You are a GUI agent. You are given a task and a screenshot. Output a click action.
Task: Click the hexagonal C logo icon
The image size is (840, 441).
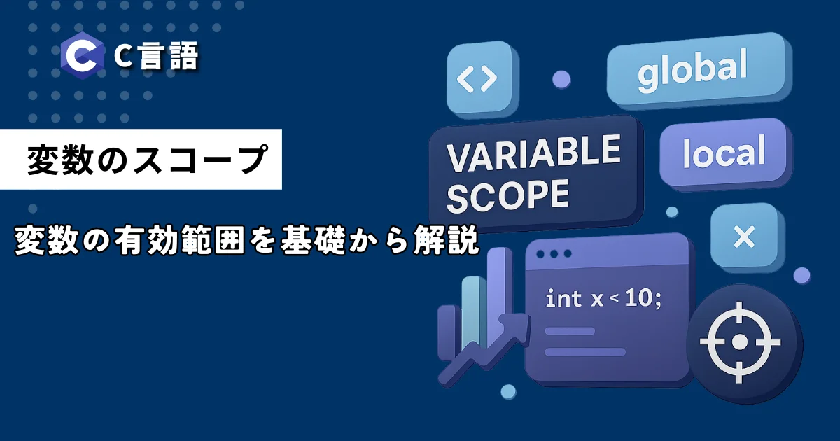(83, 55)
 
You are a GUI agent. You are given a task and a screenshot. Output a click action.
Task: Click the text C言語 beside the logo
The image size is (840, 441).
(156, 56)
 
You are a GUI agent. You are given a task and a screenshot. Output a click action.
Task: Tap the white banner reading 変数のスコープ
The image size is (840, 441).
(141, 159)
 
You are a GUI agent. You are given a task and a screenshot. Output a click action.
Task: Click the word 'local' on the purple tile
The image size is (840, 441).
(724, 152)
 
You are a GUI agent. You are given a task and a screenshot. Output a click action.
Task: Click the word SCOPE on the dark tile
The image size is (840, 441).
(508, 197)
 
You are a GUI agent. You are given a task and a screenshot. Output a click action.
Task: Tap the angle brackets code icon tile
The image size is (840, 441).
(481, 78)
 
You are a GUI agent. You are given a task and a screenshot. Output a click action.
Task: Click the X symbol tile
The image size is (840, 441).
(744, 237)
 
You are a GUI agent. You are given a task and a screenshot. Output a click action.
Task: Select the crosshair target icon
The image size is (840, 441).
(739, 342)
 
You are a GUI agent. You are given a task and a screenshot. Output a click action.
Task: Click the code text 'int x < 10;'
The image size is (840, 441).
(603, 299)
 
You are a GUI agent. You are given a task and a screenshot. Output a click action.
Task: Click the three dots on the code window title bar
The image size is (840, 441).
(554, 254)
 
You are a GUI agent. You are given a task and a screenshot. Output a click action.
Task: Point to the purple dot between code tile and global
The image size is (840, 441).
(561, 80)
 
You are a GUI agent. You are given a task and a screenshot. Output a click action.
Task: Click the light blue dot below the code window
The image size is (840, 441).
(508, 391)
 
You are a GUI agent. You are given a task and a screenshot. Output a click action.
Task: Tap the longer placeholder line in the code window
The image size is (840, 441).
(585, 352)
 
